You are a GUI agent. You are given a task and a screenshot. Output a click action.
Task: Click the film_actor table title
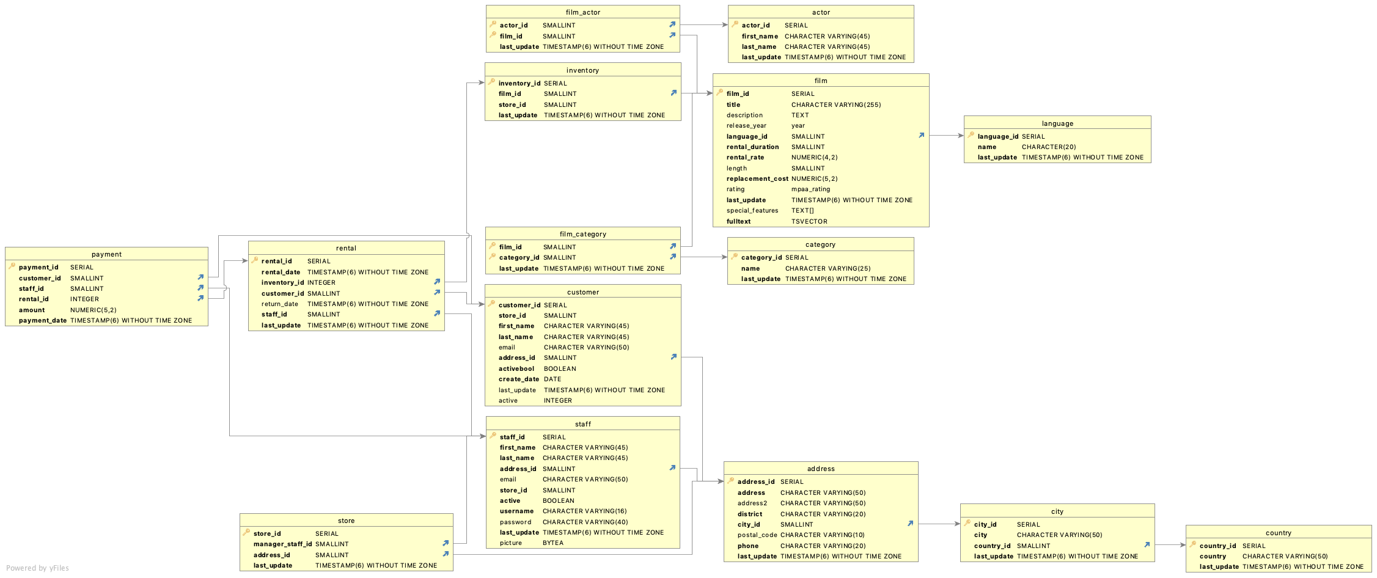coord(582,12)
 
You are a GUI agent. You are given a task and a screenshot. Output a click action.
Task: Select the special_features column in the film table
coord(752,211)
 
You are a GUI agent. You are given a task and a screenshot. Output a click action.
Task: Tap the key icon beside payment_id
coord(12,266)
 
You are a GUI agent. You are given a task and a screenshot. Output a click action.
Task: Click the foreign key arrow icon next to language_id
coord(921,136)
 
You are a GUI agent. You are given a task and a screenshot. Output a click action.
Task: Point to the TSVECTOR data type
coord(809,222)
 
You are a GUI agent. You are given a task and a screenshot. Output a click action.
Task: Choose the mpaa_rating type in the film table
coord(810,189)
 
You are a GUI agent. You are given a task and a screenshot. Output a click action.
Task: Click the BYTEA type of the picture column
coord(553,543)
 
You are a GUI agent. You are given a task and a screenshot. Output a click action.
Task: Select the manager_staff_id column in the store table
coord(282,544)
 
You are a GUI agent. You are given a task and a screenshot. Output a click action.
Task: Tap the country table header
coord(1278,533)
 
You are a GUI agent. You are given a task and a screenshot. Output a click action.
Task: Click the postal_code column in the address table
coord(757,535)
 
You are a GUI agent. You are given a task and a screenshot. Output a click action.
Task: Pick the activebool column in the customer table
coord(516,369)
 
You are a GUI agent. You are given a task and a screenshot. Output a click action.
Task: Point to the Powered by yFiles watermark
coord(37,568)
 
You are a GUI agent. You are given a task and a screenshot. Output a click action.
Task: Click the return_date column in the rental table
coord(279,304)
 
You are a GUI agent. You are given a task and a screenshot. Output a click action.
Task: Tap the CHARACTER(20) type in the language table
coord(1048,147)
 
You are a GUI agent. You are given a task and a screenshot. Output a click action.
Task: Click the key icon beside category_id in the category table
coord(734,257)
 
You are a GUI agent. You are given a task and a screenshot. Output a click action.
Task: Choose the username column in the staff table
coord(516,511)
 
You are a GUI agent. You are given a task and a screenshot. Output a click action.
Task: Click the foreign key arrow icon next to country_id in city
coord(1147,545)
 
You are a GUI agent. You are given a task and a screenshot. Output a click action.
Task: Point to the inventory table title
coord(582,70)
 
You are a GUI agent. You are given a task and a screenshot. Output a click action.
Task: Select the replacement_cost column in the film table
coord(757,179)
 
